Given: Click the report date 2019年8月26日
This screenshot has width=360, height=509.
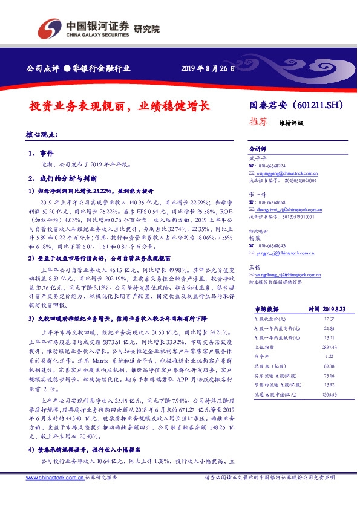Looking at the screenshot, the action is pos(208,69).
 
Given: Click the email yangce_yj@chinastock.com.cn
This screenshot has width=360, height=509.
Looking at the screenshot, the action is pos(280,253).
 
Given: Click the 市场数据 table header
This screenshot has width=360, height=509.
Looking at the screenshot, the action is pos(263,308).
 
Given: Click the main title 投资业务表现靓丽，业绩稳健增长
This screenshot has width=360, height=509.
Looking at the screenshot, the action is pos(119,106).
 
